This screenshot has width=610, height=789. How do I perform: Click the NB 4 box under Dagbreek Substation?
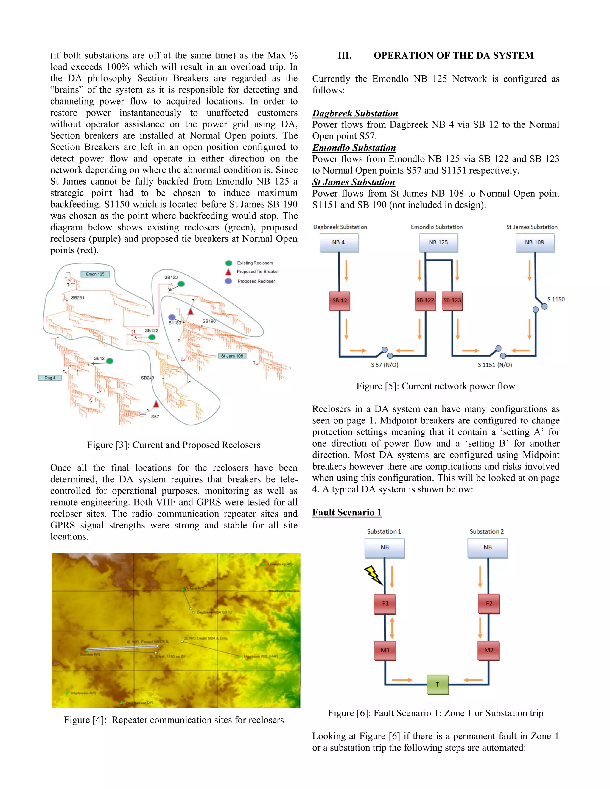pos(339,242)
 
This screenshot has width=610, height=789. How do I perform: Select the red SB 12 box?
pos(339,301)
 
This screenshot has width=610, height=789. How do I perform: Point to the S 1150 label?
pos(555,299)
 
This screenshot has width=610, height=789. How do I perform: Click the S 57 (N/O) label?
pos(385,365)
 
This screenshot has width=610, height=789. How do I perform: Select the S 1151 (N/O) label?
pos(495,365)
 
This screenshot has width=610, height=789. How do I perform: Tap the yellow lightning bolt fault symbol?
pos(373,575)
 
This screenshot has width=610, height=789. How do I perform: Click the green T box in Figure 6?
pos(437,684)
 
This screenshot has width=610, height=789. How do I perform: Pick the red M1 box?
pos(385,650)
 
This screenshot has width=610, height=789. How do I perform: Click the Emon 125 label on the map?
pos(95,274)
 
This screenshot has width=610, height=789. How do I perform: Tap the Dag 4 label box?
pos(50,378)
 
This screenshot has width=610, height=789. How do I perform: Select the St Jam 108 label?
pos(232,356)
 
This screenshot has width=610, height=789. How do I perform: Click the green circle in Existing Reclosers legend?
pos(229,263)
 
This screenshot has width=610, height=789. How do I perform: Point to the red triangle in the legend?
pos(228,272)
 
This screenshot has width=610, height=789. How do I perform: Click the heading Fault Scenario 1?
pos(347,512)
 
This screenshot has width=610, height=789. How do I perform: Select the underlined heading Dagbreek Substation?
pos(355,113)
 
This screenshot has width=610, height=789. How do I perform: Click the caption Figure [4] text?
pos(174,720)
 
